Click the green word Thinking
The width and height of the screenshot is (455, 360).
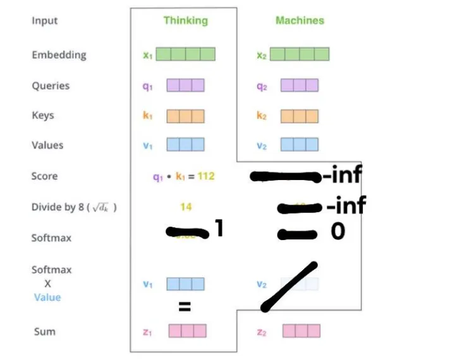click(186, 20)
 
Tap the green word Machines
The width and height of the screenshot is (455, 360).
click(300, 20)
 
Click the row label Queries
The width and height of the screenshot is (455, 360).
click(51, 85)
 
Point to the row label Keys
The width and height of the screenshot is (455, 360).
click(43, 116)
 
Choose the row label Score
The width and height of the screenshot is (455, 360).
click(44, 176)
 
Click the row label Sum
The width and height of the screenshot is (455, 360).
click(44, 332)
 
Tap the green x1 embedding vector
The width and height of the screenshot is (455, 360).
click(185, 54)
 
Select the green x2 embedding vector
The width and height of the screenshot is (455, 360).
click(300, 54)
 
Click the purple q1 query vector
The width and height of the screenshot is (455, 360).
click(185, 85)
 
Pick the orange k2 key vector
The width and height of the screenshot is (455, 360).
click(300, 116)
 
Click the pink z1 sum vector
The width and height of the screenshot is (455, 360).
click(187, 331)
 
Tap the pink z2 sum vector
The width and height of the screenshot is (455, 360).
click(301, 331)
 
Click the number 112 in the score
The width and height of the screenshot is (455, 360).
click(206, 176)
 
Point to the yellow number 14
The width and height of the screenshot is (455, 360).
click(185, 207)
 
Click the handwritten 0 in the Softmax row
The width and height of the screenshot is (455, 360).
click(338, 232)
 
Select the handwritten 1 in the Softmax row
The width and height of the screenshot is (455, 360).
click(219, 228)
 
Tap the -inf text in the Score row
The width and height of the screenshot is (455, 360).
click(341, 175)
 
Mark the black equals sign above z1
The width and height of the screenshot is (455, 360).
click(184, 308)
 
